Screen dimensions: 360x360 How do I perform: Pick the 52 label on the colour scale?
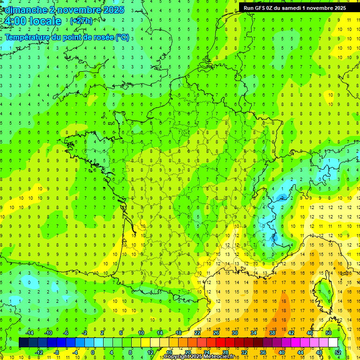pyautogui.click(x=338, y=352)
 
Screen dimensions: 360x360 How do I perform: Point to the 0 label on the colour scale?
pyautogui.click(x=93, y=352)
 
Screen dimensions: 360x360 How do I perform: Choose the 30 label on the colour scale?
pyautogui.click(x=234, y=333)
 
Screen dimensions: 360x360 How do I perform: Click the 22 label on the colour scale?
pyautogui.click(x=197, y=333)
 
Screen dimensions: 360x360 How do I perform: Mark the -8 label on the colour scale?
pyautogui.click(x=56, y=352)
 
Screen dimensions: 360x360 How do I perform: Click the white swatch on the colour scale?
pyautogui.click(x=333, y=342)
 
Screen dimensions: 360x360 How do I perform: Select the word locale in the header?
pyautogui.click(x=45, y=22)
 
